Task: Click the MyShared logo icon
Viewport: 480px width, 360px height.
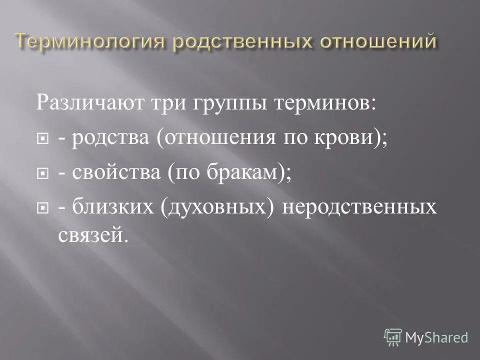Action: pos(392,337)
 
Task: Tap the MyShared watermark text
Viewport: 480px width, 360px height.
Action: pos(436,337)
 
